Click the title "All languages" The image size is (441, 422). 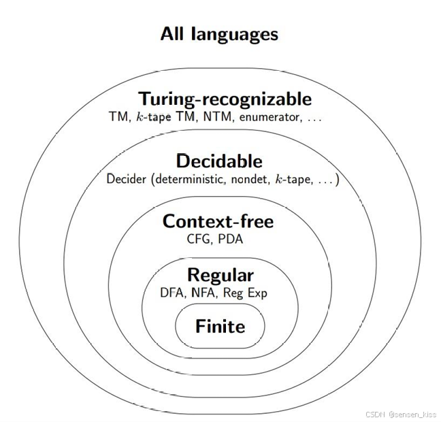[219, 34]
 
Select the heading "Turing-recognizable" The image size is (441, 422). [225, 99]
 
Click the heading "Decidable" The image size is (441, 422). [218, 161]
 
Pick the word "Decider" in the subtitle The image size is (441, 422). [126, 180]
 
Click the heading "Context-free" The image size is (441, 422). [218, 222]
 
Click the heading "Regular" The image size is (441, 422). [220, 276]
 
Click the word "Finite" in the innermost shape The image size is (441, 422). [220, 327]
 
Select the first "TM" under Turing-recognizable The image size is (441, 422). [118, 117]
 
